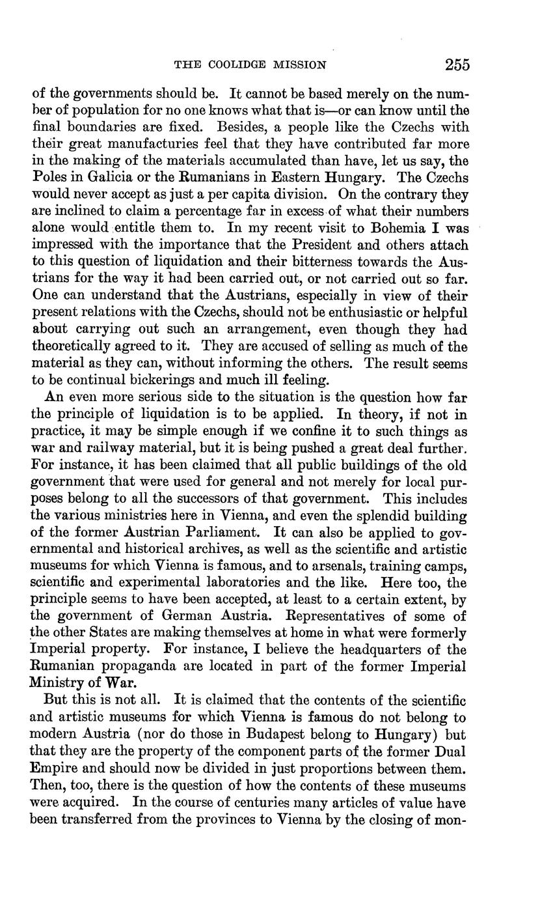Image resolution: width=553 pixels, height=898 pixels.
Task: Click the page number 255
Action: [457, 64]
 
